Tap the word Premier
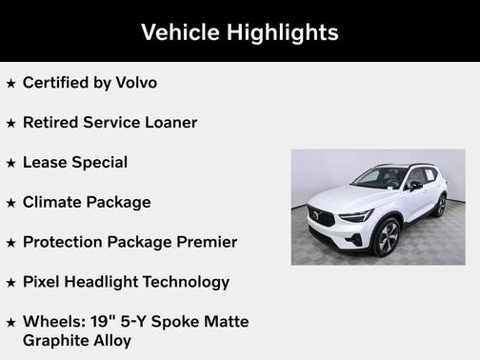coord(205,242)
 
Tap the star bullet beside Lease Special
coord(10,163)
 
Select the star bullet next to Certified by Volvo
coord(10,83)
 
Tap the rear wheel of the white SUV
coord(440,206)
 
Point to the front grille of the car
coord(321,217)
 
